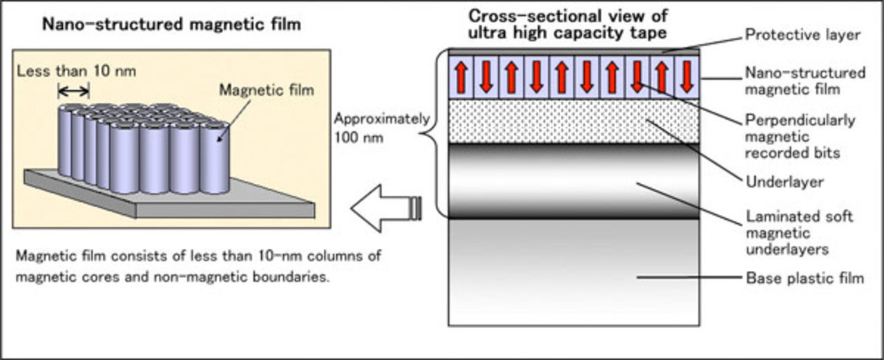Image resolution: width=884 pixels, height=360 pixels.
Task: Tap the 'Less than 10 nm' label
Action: click(x=76, y=70)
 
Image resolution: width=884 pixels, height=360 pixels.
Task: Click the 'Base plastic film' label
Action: click(x=805, y=278)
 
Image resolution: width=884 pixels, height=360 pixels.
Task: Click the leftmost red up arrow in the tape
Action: click(x=461, y=77)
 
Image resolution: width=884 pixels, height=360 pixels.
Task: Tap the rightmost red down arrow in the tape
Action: click(x=686, y=77)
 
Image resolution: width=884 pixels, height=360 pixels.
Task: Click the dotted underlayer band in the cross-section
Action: click(x=574, y=122)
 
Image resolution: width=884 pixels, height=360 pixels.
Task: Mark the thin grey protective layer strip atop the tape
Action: click(x=574, y=50)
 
